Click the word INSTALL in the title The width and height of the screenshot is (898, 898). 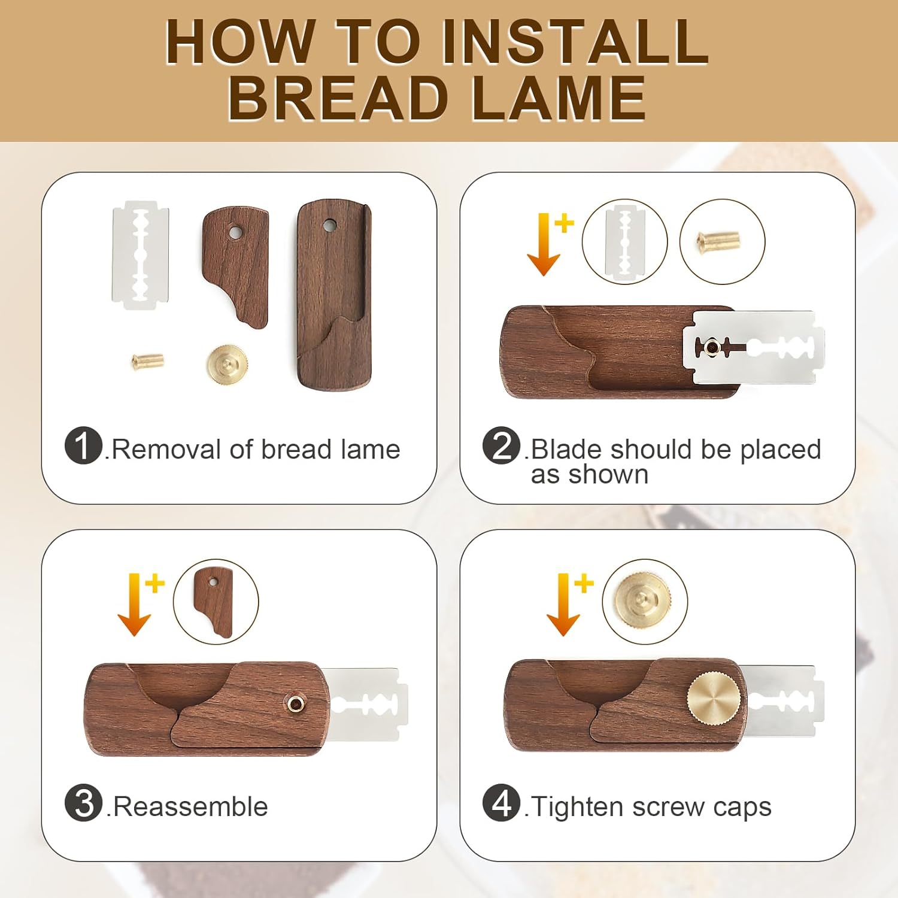(x=575, y=41)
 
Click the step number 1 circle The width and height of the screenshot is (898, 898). (x=83, y=445)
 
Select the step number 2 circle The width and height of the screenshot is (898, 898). (x=501, y=445)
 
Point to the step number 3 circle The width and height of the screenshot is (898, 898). (x=83, y=803)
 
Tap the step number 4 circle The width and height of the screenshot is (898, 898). (x=501, y=803)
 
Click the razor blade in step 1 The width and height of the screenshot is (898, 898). (x=141, y=255)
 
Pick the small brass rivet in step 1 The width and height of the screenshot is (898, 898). (x=148, y=360)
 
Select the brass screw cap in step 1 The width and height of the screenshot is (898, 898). (x=227, y=363)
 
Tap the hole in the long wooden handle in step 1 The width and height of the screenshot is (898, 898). (x=329, y=226)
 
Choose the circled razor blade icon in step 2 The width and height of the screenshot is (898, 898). (x=624, y=241)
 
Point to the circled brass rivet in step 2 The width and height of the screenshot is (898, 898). (x=722, y=241)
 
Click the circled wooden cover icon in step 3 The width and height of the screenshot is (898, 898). (x=216, y=602)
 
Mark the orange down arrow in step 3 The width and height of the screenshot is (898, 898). (x=134, y=605)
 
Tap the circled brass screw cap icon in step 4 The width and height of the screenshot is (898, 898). (x=645, y=602)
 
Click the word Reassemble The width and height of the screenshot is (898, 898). (x=190, y=806)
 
